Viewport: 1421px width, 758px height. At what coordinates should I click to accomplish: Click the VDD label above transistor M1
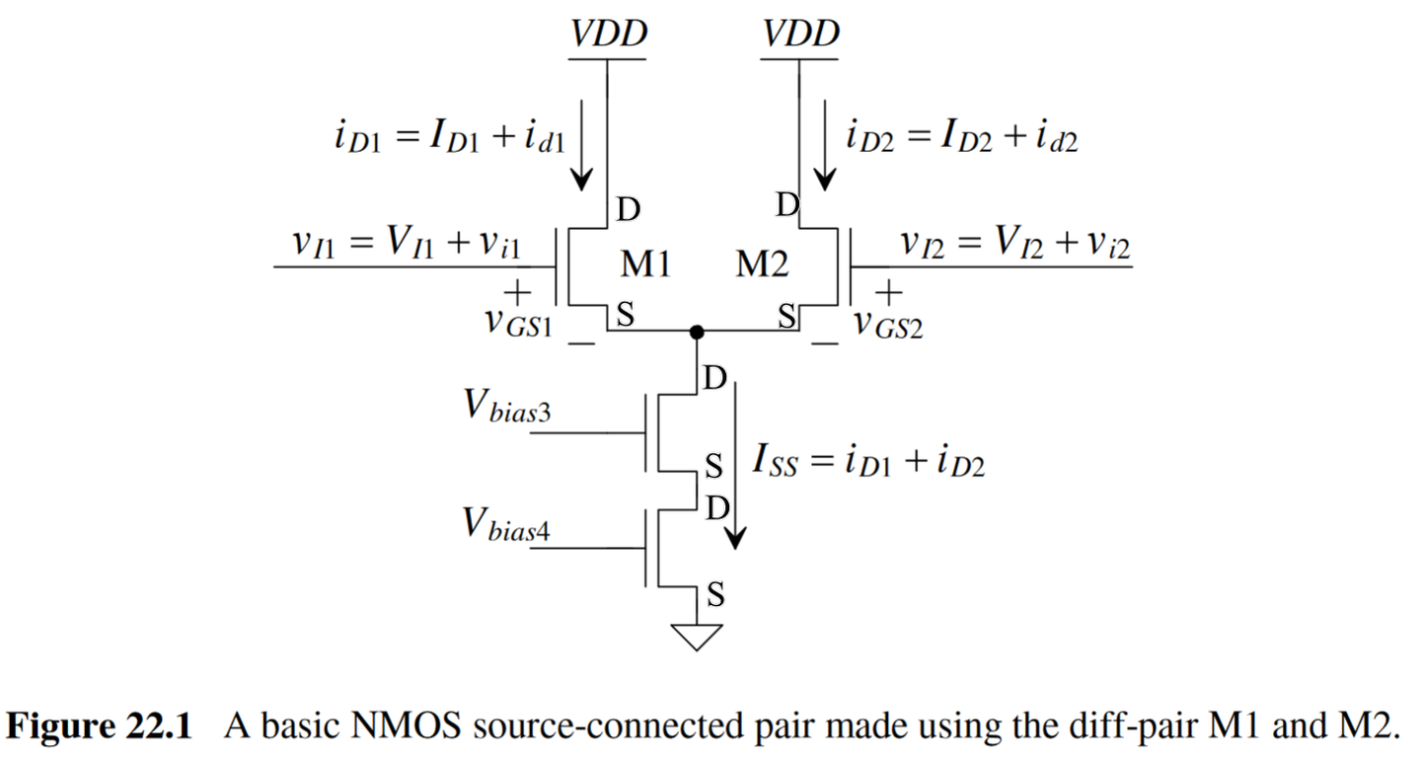coord(608,35)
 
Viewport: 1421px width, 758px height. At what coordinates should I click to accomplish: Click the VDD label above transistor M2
coord(800,35)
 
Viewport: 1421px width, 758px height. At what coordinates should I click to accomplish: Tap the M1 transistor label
coord(645,264)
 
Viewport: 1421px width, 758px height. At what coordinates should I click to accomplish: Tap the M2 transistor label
coord(763,264)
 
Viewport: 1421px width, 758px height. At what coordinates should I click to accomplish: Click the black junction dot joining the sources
coord(697,333)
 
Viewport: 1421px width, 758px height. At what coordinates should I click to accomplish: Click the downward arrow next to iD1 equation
coord(582,148)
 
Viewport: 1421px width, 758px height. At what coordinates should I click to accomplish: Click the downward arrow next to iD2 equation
coord(824,148)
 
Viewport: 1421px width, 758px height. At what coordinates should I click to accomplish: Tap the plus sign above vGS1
coord(516,292)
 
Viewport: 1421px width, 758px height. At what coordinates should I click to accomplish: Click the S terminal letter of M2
coord(787,316)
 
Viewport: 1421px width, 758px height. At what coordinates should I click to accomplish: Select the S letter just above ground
coord(716,595)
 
